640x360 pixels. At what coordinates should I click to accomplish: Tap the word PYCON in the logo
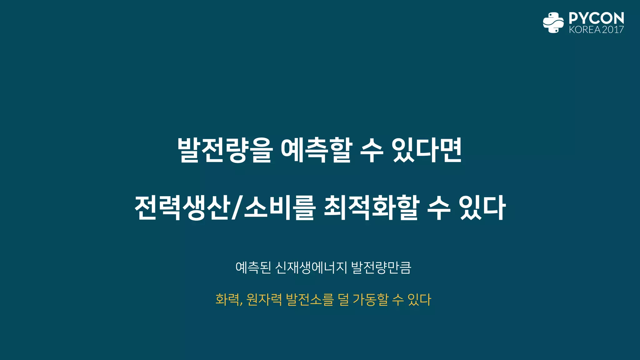(596, 18)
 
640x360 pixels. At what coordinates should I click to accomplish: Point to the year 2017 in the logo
(613, 30)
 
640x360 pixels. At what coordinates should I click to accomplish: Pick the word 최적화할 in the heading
(371, 207)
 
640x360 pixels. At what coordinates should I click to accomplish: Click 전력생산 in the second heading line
(182, 207)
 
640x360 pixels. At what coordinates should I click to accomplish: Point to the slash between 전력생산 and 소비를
(237, 207)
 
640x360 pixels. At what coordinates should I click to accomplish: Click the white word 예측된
(253, 267)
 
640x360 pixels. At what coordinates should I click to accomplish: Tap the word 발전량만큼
(381, 267)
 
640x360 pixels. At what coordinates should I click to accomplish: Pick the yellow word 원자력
(264, 299)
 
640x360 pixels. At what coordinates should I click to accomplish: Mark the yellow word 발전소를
(310, 299)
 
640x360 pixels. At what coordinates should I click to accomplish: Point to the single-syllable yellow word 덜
(343, 299)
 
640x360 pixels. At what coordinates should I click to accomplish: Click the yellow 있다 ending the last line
(419, 299)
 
